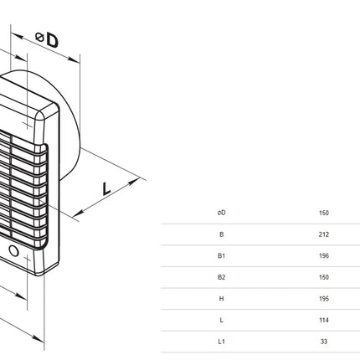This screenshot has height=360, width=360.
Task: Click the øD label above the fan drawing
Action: pyautogui.click(x=47, y=39)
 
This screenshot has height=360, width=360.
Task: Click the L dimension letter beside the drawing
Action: pyautogui.click(x=106, y=188)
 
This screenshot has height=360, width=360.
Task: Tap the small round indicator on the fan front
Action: pyautogui.click(x=13, y=251)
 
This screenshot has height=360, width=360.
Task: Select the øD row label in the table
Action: pyautogui.click(x=221, y=213)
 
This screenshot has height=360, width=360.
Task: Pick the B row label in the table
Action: pyautogui.click(x=221, y=234)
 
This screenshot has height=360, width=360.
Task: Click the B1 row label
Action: pyautogui.click(x=221, y=255)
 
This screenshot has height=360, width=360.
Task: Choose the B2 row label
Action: pyautogui.click(x=221, y=277)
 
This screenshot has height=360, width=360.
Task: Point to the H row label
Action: pyautogui.click(x=221, y=299)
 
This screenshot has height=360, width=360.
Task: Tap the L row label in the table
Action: pyautogui.click(x=221, y=320)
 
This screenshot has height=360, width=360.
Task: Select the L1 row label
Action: pyautogui.click(x=221, y=342)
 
